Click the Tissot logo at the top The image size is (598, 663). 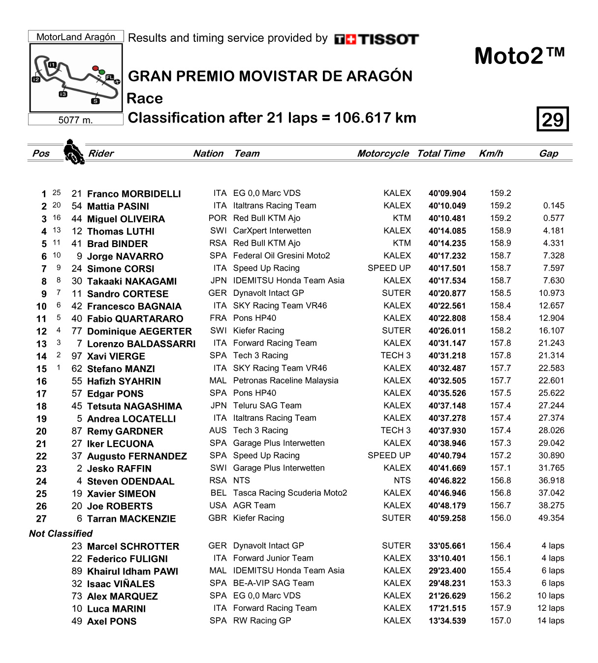tap(377, 39)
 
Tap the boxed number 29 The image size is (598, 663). tap(552, 120)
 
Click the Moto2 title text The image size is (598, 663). tap(519, 56)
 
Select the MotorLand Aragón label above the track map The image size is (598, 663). tap(76, 37)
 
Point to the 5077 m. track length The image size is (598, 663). tap(75, 120)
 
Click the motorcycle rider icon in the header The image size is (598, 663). tap(74, 152)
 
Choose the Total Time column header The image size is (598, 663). tap(441, 154)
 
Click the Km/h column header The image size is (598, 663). tap(491, 154)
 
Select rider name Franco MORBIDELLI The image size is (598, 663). tap(134, 194)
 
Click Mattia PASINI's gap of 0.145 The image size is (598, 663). tap(554, 206)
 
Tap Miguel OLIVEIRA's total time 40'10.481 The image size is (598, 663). tap(447, 219)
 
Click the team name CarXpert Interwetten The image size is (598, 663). tap(272, 231)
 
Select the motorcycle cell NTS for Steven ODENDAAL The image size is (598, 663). tap(402, 481)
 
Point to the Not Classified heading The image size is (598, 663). tap(61, 534)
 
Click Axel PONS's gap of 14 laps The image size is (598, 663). tap(551, 621)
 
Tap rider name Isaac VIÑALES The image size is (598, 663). tap(121, 584)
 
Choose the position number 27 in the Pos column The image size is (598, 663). tap(41, 519)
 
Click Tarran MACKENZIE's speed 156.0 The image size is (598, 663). tap(501, 518)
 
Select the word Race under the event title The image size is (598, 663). tap(145, 98)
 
